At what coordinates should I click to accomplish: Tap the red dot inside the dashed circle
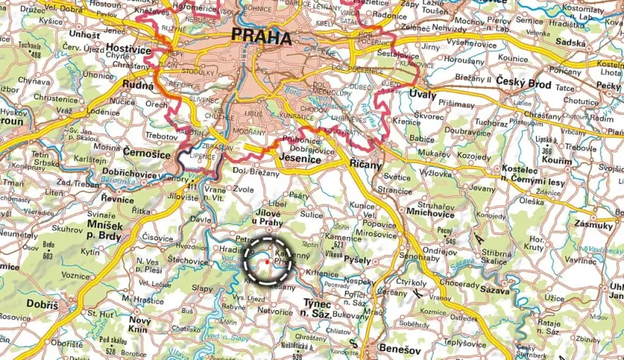tap(267, 262)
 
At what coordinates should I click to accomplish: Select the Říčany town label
tap(365, 165)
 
